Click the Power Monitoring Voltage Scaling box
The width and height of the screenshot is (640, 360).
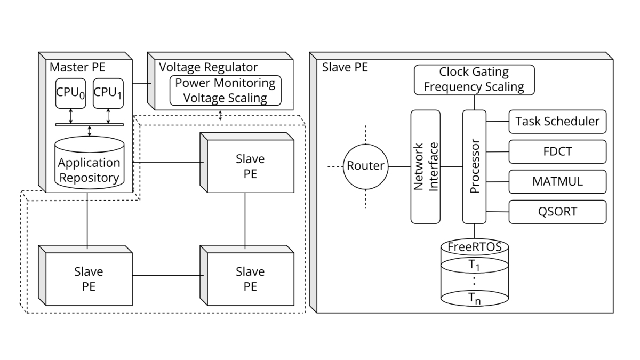pos(225,91)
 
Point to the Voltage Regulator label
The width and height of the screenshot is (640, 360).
pos(209,67)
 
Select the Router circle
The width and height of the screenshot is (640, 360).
pos(365,166)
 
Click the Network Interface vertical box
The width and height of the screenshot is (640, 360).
pos(425,166)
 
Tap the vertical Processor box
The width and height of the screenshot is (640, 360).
pos(474,166)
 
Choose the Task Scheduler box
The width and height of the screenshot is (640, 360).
pos(557,121)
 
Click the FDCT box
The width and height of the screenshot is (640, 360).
pos(557,151)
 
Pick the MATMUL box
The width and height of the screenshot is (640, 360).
pos(557,181)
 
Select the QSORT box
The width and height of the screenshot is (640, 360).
pos(557,212)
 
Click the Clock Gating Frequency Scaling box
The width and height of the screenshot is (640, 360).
pos(474,79)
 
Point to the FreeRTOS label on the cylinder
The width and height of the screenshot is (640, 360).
pos(474,247)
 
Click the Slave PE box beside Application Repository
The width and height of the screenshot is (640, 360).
pos(250,166)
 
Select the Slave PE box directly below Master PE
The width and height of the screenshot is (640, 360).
pos(89,278)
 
